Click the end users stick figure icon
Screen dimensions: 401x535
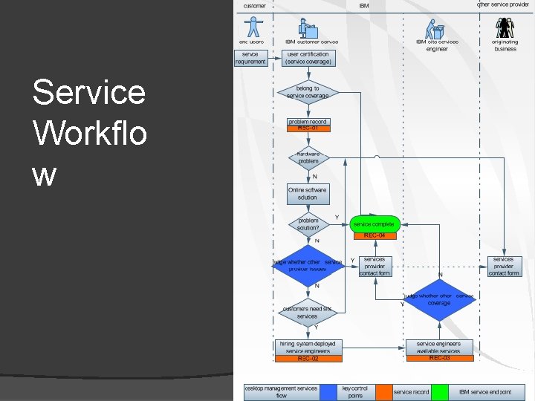click(x=254, y=27)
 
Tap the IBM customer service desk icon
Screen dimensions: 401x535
click(x=308, y=27)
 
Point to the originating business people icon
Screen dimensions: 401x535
click(x=505, y=28)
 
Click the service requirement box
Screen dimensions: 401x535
click(x=251, y=58)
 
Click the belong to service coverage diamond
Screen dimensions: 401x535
click(x=307, y=92)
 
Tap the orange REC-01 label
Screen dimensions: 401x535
click(x=308, y=128)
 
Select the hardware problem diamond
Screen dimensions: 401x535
click(x=308, y=157)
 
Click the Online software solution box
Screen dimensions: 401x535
click(x=308, y=193)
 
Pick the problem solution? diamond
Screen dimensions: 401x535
click(x=308, y=224)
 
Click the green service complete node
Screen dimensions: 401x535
click(x=374, y=224)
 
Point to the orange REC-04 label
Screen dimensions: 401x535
click(x=374, y=235)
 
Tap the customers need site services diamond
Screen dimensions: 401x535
click(x=308, y=313)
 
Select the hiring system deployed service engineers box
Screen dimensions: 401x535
click(x=308, y=347)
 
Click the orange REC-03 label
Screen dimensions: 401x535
click(x=439, y=358)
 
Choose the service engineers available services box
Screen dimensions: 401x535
click(x=439, y=347)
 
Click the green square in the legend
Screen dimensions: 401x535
click(x=440, y=391)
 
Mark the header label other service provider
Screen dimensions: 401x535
click(x=503, y=4)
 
